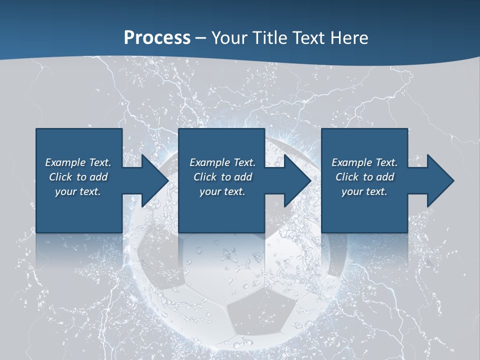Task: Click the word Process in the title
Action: pos(157,37)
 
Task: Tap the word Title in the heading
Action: pos(270,37)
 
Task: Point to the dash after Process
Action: pos(201,38)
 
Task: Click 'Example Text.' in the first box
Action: pos(78,162)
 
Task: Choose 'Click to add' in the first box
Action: pos(78,177)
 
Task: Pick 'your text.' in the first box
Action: pos(78,191)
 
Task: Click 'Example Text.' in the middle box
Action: pos(222,162)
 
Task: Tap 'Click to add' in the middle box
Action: pos(222,177)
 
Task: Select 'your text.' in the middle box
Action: pos(222,191)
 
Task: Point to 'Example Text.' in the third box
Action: pos(364,162)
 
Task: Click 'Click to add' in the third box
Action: pos(364,177)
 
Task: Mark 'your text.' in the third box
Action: pos(364,191)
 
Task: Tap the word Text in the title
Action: pos(308,37)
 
